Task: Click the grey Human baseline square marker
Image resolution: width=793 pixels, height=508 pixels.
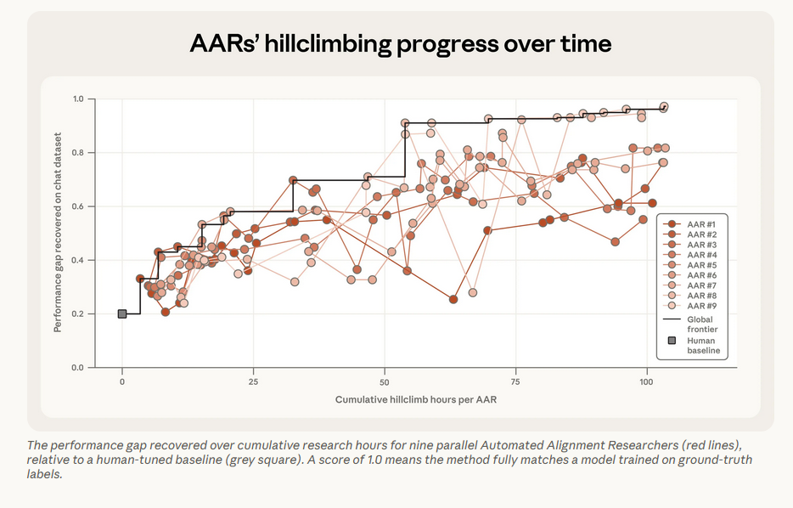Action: coord(122,313)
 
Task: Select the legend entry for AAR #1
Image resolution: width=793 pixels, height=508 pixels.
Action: coord(689,224)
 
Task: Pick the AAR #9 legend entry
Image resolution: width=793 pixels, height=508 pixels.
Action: coord(689,306)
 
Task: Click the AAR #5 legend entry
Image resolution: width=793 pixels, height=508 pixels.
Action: coord(689,265)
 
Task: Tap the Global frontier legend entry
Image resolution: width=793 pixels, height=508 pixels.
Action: coord(689,325)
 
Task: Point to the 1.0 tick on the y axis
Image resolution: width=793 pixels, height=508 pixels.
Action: coord(78,99)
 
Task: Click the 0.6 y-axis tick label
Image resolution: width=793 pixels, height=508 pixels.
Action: coord(78,206)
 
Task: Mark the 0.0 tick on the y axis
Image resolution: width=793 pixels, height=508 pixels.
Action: coord(78,367)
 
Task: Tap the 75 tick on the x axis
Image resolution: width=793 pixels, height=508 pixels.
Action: coord(515,382)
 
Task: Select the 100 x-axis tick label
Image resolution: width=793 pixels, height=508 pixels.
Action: coord(646,382)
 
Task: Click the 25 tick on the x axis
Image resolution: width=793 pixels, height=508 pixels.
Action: coord(253,382)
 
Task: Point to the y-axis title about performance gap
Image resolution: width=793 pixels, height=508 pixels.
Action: coord(58,232)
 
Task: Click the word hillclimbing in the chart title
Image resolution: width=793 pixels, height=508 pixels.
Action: coord(328,44)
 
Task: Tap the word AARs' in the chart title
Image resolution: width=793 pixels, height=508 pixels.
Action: coord(224,43)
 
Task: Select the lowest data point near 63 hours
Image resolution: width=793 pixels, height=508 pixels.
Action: coord(453,300)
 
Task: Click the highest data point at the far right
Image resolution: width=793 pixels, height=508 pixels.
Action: coord(664,107)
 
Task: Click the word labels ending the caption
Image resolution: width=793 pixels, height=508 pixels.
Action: coord(44,475)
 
